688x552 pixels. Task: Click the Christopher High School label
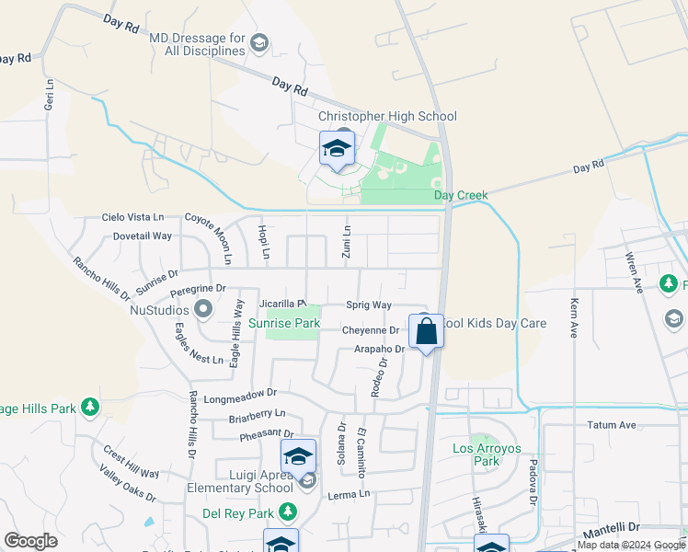tap(387, 116)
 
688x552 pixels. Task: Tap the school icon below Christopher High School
tap(337, 149)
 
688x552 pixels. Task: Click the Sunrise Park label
tap(284, 323)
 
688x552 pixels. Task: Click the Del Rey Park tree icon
tap(289, 511)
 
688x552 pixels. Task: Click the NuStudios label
tap(164, 310)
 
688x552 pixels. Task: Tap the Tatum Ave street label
tap(612, 425)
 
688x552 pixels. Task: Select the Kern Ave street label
tap(574, 317)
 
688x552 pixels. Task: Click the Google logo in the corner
tap(30, 541)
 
